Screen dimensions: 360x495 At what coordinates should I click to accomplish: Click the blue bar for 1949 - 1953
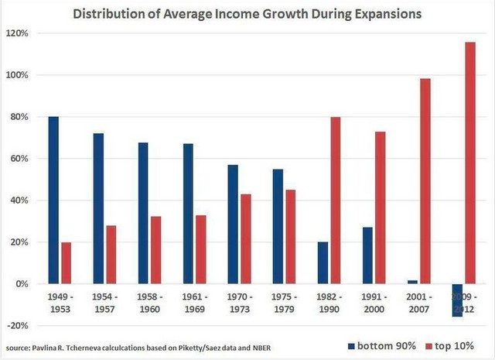pyautogui.click(x=53, y=200)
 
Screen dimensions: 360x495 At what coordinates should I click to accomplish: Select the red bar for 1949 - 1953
pyautogui.click(x=67, y=263)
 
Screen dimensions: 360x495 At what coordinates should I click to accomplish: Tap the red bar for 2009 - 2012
pyautogui.click(x=470, y=163)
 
